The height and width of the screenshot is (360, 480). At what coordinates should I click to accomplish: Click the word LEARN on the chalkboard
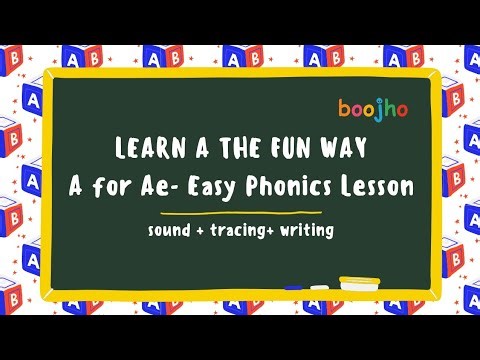pyautogui.click(x=147, y=151)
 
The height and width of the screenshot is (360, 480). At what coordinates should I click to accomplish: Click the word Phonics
pyautogui.click(x=300, y=186)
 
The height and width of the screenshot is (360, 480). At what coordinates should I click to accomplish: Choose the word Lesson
pyautogui.click(x=380, y=186)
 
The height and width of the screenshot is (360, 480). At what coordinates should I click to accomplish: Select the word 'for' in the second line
pyautogui.click(x=125, y=186)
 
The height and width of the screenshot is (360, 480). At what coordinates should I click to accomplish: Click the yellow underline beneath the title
pyautogui.click(x=240, y=213)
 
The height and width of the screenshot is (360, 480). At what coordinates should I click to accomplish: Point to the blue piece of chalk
pyautogui.click(x=294, y=287)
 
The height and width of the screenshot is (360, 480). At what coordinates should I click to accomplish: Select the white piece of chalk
pyautogui.click(x=319, y=286)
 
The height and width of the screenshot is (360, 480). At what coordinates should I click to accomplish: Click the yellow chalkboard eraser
pyautogui.click(x=359, y=283)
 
